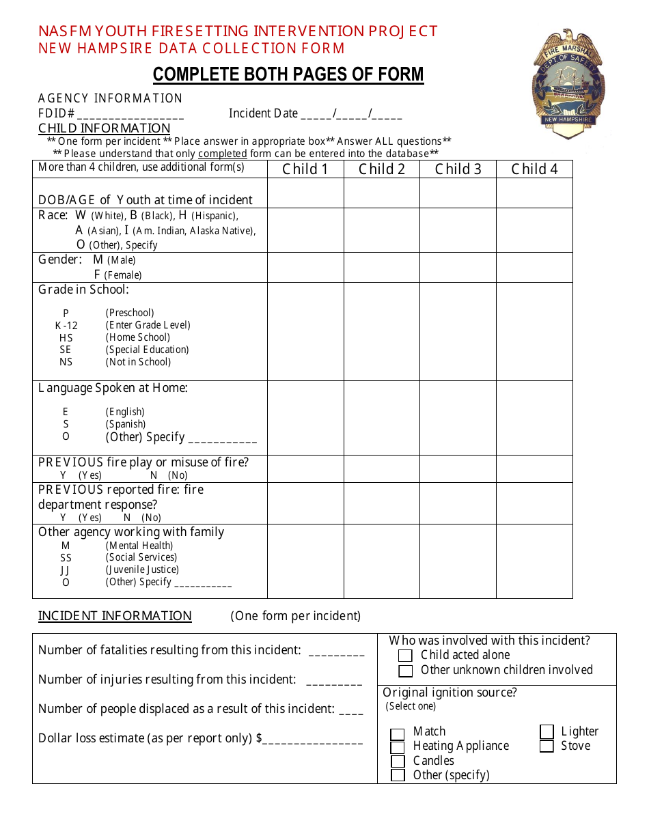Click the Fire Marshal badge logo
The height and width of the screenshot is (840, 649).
(x=568, y=83)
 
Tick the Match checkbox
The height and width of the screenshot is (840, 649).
(x=398, y=735)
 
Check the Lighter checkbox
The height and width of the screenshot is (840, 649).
(x=547, y=732)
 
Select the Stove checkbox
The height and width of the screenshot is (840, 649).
(x=547, y=746)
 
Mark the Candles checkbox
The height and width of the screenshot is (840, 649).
(x=398, y=761)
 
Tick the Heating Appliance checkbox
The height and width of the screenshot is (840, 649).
(x=398, y=748)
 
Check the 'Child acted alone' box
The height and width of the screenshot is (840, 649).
(x=406, y=656)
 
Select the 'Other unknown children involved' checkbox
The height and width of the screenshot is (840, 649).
(x=406, y=671)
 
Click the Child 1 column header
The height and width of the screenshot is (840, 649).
(x=305, y=169)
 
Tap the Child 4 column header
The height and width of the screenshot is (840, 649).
(x=534, y=169)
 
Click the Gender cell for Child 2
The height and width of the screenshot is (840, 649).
(x=381, y=268)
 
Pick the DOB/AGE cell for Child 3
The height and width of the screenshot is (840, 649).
(x=458, y=193)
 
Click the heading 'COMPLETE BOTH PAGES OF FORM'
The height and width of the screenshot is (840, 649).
(x=288, y=74)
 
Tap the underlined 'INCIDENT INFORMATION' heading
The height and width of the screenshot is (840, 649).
(x=115, y=616)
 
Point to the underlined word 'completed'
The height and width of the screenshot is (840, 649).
(x=222, y=154)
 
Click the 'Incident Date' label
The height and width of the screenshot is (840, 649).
(x=263, y=113)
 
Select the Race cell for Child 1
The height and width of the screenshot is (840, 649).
(x=305, y=230)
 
